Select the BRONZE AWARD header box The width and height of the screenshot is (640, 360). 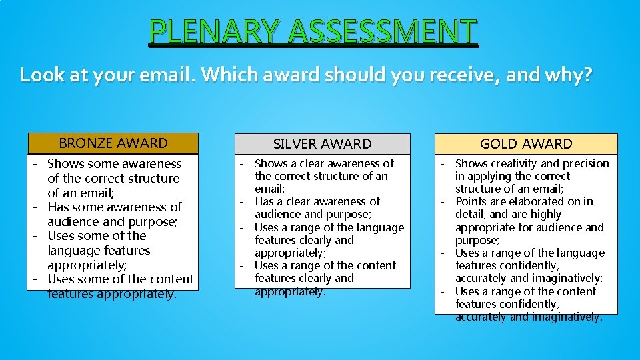tap(113, 143)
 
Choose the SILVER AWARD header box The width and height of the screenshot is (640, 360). tap(323, 144)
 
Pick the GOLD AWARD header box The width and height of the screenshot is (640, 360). tap(526, 144)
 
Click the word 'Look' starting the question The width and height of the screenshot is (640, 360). tap(43, 75)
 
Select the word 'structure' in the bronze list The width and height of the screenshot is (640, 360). tap(146, 178)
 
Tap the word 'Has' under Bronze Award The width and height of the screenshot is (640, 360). tap(57, 207)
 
